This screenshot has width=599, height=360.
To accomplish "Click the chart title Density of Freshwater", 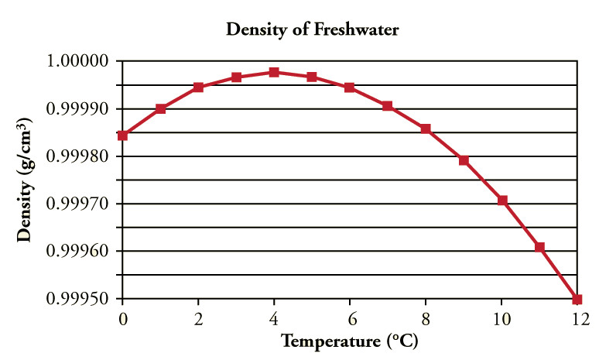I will point(311,30).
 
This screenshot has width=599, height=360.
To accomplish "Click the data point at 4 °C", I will point(274,72).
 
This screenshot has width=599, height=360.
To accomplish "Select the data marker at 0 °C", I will point(122,135).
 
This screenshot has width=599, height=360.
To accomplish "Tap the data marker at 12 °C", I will point(577,299).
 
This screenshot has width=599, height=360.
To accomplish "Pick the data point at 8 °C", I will point(426,129).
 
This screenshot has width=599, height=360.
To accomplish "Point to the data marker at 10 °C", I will point(502,201).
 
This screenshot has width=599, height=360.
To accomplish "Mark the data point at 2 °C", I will point(198,87).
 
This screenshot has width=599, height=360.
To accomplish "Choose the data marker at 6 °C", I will point(350,87).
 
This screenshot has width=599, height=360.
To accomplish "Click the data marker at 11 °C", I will point(539,247).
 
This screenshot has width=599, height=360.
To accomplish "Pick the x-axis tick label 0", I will point(122,318).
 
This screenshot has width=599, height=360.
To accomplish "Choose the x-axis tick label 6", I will point(350,318).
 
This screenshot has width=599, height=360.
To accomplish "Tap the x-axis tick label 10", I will point(502,318).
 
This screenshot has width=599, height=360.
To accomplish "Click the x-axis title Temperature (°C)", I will point(350,340).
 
